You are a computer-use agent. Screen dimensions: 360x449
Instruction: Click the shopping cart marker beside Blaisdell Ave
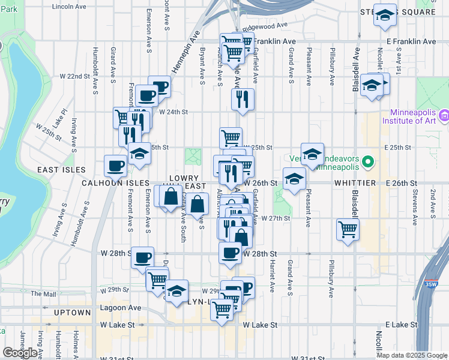pos(348,229)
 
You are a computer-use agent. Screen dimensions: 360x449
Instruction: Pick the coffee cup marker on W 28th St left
pos(142,258)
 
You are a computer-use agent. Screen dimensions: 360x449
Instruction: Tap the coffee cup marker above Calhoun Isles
pos(115,165)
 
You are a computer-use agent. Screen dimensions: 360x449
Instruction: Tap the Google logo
pos(20,353)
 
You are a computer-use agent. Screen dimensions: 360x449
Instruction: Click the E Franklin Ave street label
pos(411,41)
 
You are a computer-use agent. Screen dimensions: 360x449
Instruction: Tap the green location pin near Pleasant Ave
pos(369,162)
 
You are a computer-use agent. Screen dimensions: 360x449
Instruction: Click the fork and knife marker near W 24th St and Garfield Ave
pos(243,100)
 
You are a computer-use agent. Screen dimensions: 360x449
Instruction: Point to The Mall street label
pos(43,294)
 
